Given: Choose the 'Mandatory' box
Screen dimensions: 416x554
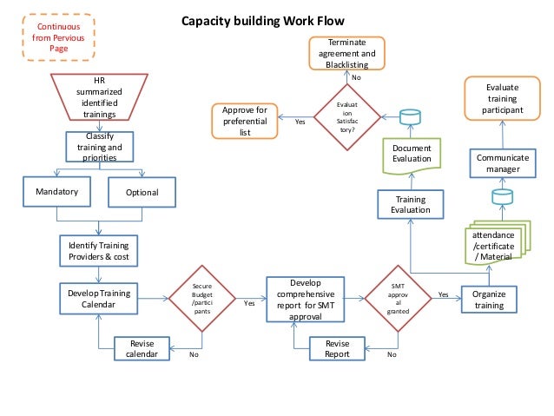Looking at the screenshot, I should pos(57,191).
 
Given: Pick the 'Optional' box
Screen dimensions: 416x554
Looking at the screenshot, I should pos(142,192).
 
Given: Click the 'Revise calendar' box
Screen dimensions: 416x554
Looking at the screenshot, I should pos(142,348).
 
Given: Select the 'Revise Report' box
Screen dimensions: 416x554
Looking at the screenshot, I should pos(337,348).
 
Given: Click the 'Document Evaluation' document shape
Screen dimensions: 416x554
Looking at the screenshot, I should pos(412,154).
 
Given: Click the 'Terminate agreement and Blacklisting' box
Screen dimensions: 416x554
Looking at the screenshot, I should pos(346,54).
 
